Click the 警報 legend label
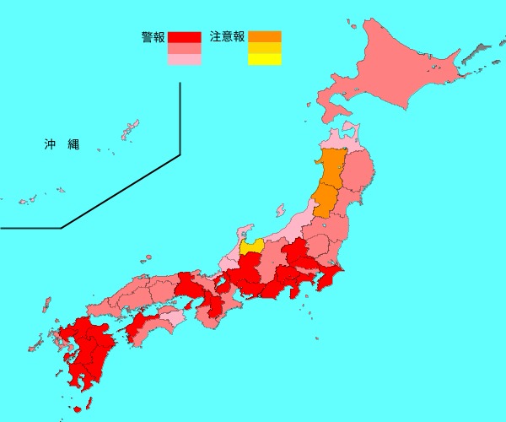(x=153, y=37)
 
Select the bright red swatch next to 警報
(x=184, y=37)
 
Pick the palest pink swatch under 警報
(x=184, y=60)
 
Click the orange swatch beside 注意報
(x=264, y=36)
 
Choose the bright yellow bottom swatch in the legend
(x=264, y=60)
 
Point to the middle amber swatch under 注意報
(x=264, y=48)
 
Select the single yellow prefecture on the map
(x=250, y=247)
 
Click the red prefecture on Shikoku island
(x=139, y=325)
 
